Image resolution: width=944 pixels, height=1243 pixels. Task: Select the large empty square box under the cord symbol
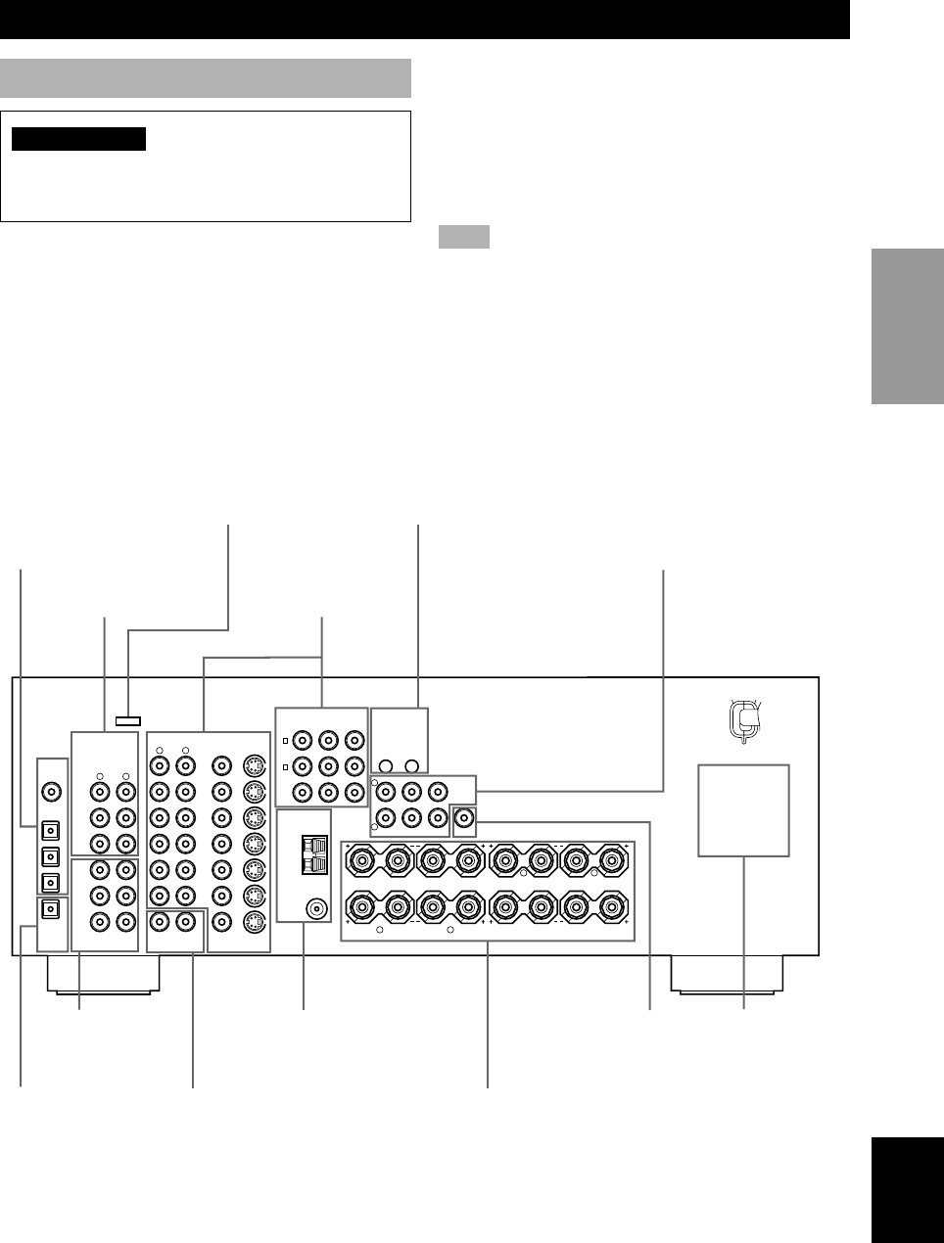743,810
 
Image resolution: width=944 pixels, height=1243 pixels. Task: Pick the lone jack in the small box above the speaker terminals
464,817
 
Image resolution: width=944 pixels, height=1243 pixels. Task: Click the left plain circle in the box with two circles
388,766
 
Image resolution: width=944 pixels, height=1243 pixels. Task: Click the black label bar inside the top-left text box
78,139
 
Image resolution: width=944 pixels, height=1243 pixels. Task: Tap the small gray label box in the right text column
463,238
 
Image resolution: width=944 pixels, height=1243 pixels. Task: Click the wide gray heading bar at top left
205,78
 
